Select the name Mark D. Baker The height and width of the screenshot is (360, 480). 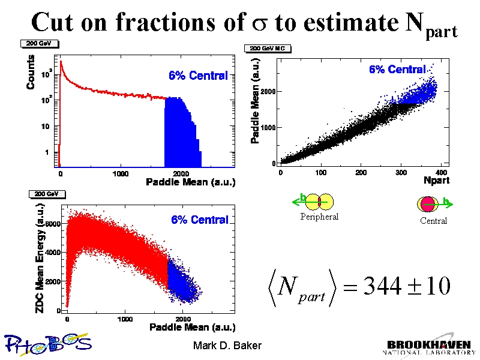(227, 346)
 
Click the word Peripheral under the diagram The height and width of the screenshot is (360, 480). (319, 217)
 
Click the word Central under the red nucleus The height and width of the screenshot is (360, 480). (433, 221)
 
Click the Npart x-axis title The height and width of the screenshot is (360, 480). (436, 180)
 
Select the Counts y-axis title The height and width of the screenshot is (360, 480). (31, 73)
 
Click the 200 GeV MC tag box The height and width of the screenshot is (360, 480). (266, 49)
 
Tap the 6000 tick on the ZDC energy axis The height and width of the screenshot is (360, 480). (54, 224)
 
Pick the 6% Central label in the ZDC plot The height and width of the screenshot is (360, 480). (200, 220)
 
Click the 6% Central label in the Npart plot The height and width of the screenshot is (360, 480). (397, 70)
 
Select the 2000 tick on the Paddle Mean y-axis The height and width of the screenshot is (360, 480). (268, 92)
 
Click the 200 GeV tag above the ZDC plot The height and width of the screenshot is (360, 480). (44, 194)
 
